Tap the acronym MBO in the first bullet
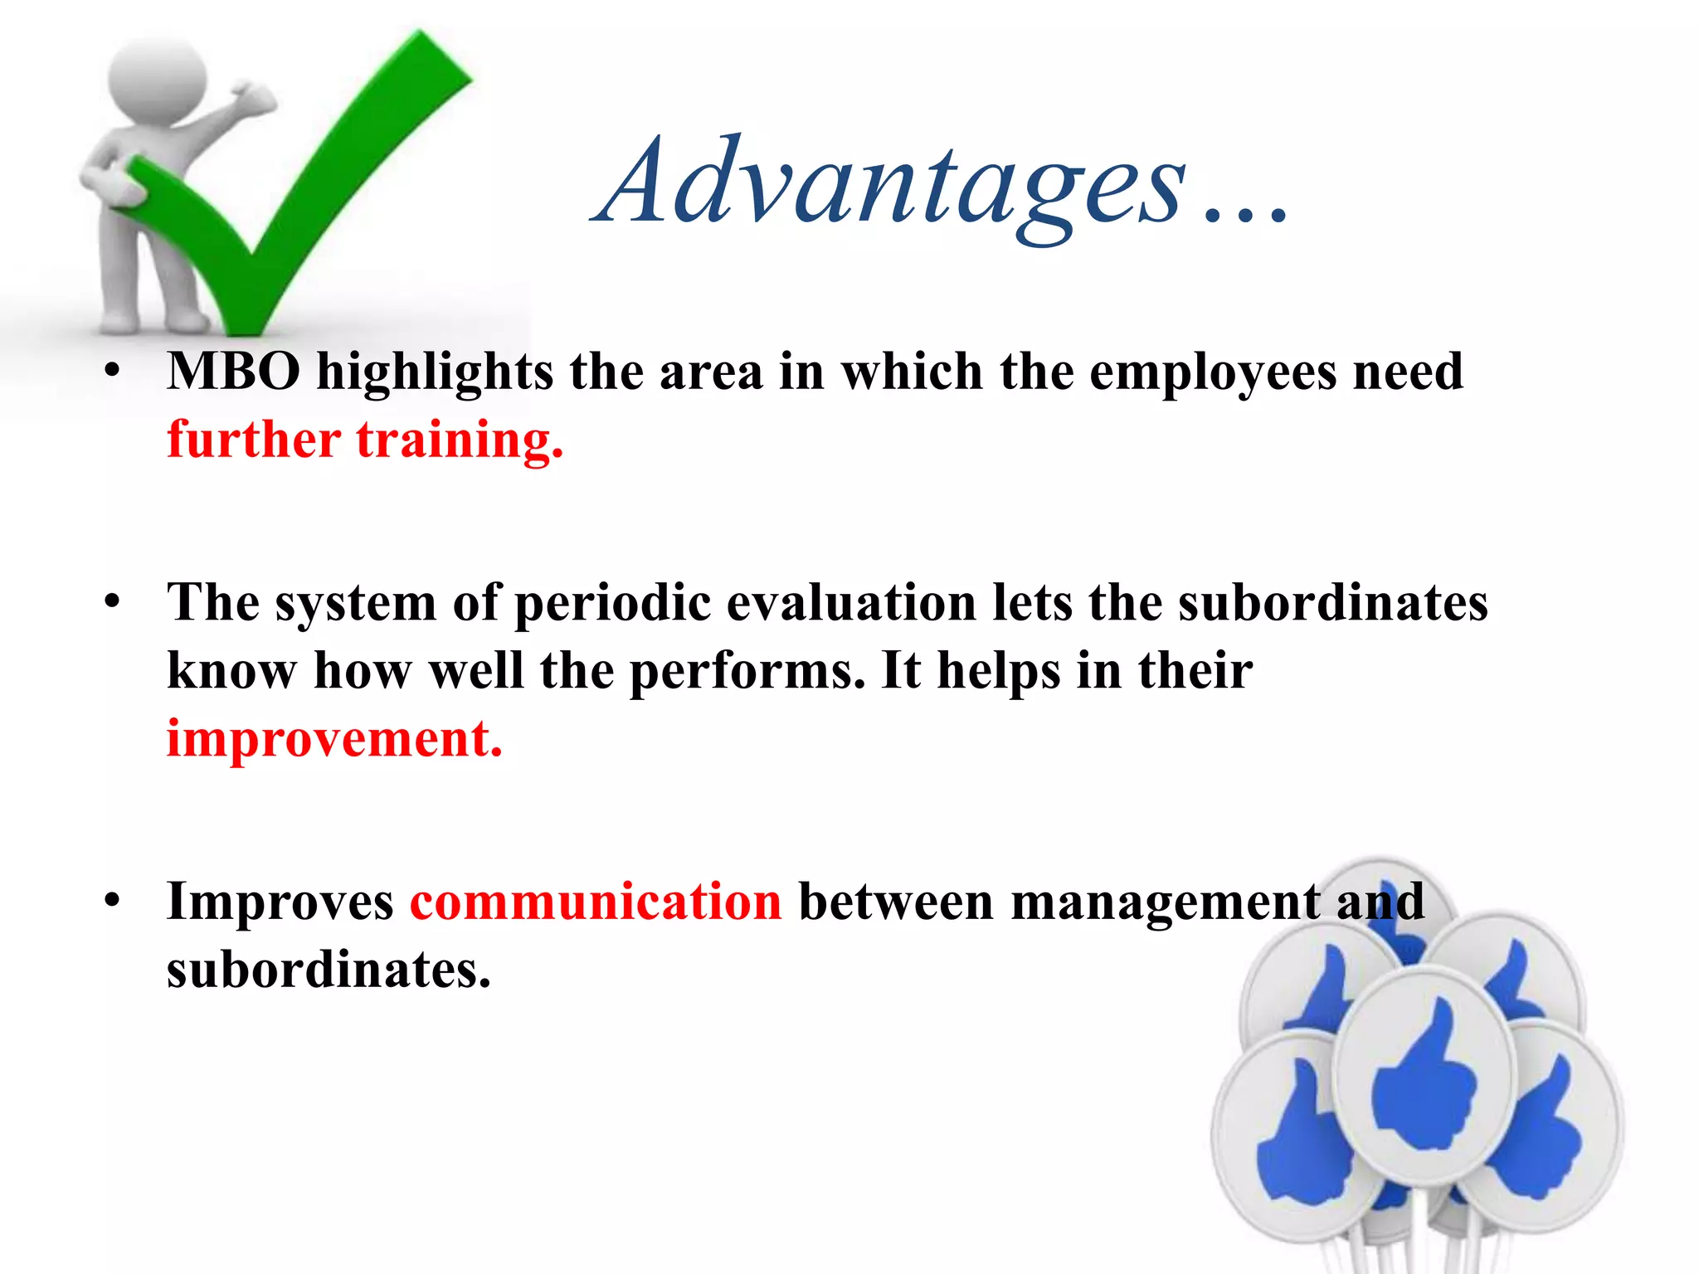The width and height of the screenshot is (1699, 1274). click(233, 372)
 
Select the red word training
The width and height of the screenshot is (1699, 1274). click(459, 440)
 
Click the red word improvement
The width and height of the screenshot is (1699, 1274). click(334, 738)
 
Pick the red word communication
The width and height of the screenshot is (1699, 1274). click(596, 902)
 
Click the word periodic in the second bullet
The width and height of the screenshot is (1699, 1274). click(612, 603)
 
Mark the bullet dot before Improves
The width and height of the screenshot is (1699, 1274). click(114, 901)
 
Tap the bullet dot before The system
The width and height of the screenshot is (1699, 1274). click(114, 602)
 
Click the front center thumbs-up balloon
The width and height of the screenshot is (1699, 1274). click(1424, 1077)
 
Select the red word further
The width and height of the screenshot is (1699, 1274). click(253, 440)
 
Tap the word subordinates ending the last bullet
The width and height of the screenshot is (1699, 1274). click(329, 970)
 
